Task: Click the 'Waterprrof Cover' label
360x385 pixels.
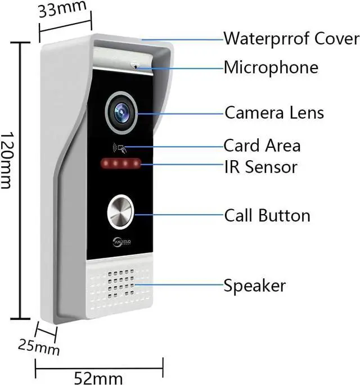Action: click(291, 39)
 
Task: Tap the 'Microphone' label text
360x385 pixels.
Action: click(271, 68)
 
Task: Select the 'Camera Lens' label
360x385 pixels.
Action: click(274, 112)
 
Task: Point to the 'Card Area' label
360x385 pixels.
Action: click(262, 146)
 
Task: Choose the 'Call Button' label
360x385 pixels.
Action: click(267, 215)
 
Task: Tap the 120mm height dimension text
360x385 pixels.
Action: click(8, 161)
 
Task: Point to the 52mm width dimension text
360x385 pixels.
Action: click(99, 375)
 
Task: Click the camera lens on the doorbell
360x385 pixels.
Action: click(121, 112)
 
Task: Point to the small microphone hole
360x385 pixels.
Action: click(135, 66)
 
